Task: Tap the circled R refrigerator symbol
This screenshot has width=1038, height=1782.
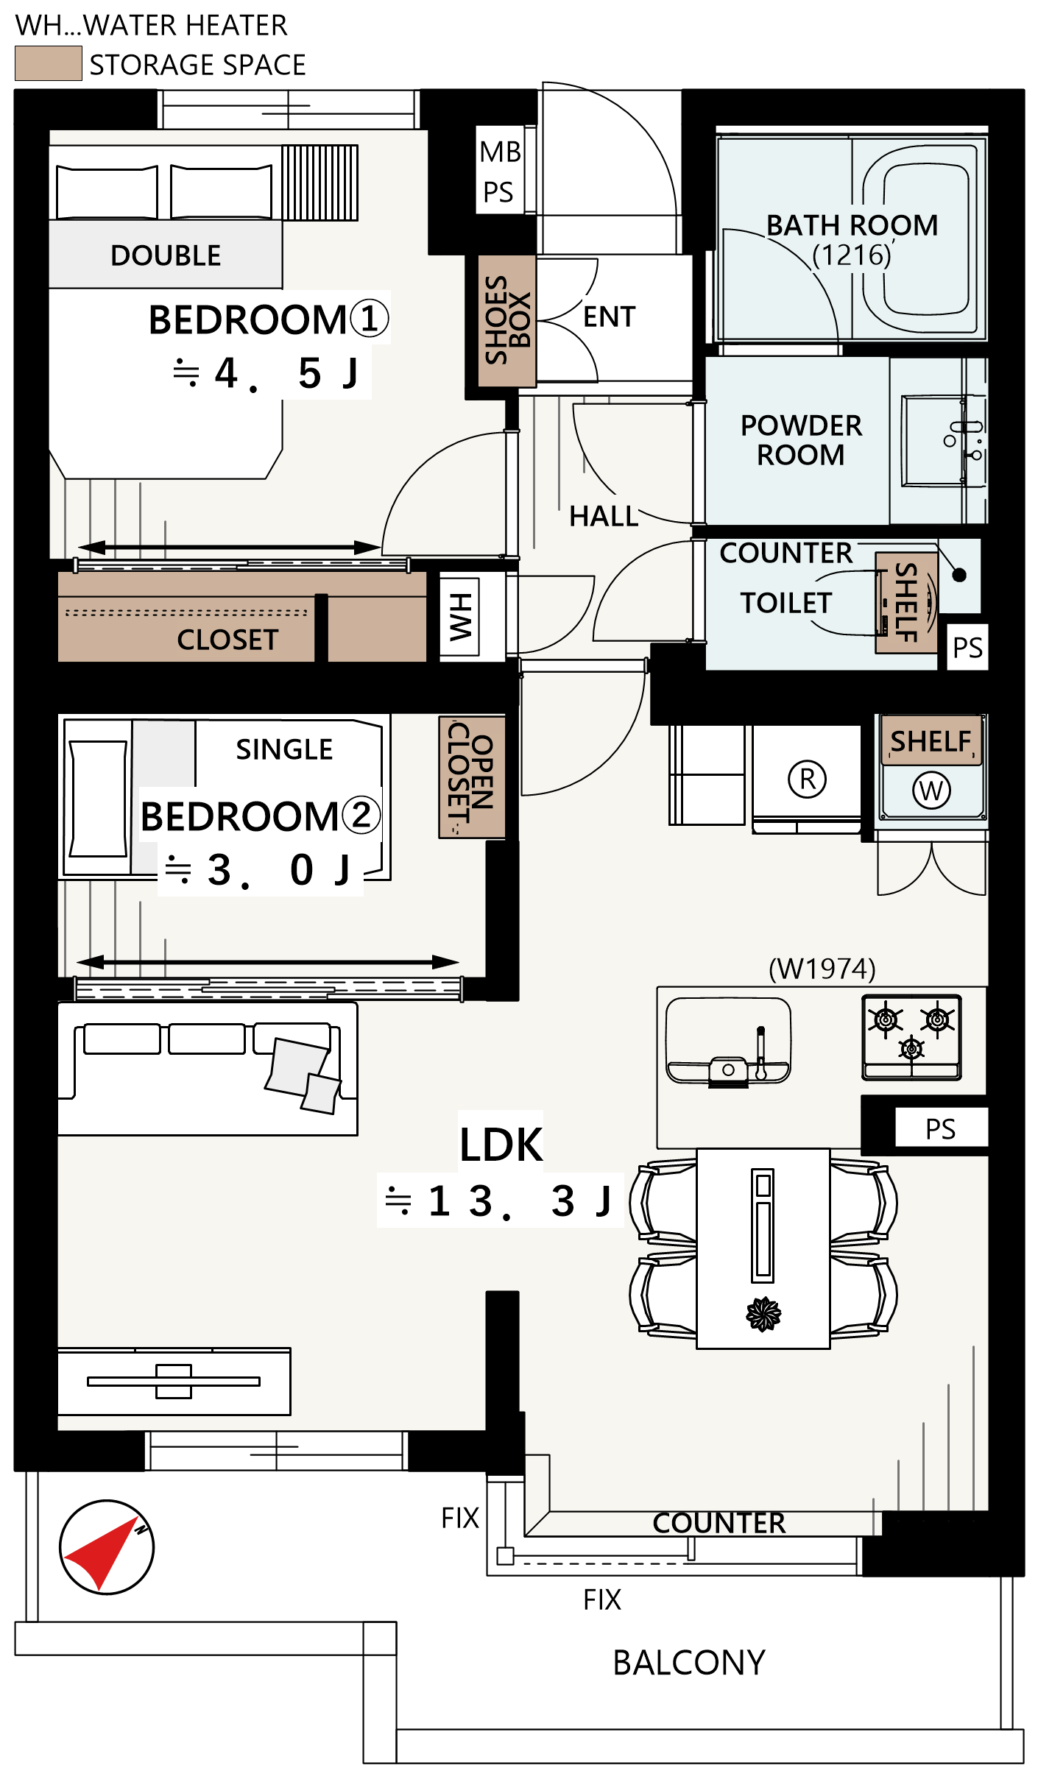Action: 808,779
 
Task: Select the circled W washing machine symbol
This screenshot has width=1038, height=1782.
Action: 931,791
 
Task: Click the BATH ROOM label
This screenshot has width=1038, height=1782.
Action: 852,225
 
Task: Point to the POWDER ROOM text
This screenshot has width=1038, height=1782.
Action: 801,440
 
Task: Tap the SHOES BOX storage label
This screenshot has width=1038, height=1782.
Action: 507,320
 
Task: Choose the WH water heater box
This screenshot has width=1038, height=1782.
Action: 460,617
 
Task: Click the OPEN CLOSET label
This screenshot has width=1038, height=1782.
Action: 471,777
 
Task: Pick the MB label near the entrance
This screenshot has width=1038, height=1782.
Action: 500,152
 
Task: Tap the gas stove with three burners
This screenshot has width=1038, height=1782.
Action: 911,1037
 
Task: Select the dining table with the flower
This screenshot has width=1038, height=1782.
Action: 763,1248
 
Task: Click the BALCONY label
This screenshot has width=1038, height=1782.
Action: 689,1663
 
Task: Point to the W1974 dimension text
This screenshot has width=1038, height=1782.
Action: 822,969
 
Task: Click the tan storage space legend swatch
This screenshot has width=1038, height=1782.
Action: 49,63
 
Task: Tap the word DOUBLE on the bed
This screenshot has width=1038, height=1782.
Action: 166,255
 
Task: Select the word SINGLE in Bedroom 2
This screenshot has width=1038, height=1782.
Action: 284,749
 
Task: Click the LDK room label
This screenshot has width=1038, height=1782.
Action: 501,1145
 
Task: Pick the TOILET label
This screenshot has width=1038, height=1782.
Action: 786,603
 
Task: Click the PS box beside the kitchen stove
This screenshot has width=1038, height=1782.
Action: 941,1128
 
